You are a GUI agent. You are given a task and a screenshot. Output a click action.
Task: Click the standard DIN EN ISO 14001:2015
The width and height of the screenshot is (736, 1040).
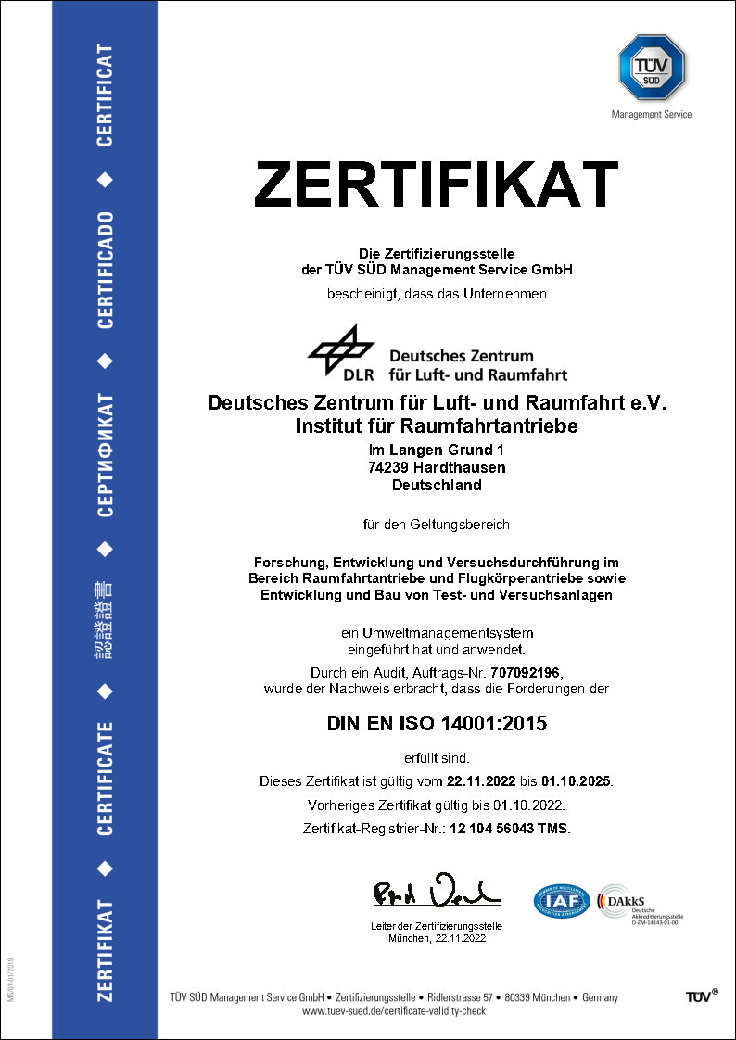(x=436, y=724)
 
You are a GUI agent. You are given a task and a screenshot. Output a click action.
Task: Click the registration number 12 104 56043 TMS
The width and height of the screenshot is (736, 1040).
(x=509, y=828)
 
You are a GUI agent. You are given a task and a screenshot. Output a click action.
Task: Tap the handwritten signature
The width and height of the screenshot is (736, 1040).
(x=437, y=892)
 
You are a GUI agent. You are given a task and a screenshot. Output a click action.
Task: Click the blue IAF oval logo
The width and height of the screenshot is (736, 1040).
(x=562, y=900)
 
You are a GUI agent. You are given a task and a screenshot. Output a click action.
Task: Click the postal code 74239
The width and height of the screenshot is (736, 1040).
(x=389, y=467)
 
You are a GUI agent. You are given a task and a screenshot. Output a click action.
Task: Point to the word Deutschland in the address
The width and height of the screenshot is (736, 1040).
(x=437, y=485)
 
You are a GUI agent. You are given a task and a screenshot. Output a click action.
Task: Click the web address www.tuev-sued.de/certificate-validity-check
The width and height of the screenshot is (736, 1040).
(x=394, y=1010)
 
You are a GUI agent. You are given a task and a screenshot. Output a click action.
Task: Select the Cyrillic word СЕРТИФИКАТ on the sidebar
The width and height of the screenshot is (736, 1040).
(x=105, y=454)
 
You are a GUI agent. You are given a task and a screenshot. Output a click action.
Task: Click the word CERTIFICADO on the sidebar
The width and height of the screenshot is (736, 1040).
(x=105, y=270)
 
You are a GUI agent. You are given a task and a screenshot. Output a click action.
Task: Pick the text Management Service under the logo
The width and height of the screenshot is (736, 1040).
(x=651, y=115)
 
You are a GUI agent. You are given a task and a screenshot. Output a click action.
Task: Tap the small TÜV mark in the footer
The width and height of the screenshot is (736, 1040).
(x=700, y=996)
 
